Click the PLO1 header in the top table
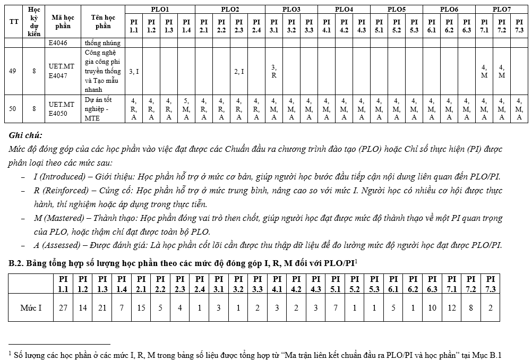160,9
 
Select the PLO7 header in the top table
502,9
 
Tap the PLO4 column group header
344,9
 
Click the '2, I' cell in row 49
239,71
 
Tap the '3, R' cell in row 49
274,71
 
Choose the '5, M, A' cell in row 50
186,108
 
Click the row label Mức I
31,307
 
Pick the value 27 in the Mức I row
63,307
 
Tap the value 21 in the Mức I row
102,307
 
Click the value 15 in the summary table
141,307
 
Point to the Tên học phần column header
103,22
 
